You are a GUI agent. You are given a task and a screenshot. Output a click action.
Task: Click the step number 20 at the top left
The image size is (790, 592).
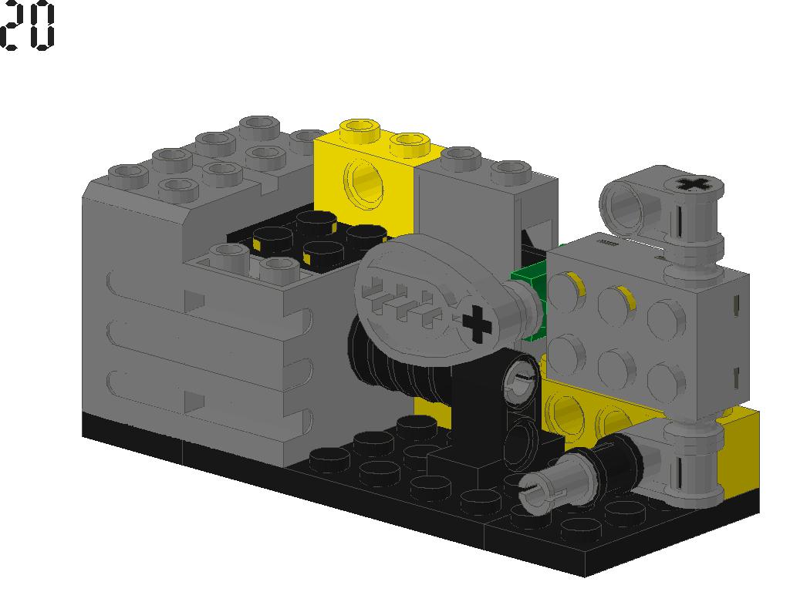(29, 26)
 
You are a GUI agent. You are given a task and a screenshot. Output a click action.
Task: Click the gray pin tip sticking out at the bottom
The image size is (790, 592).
(535, 490)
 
